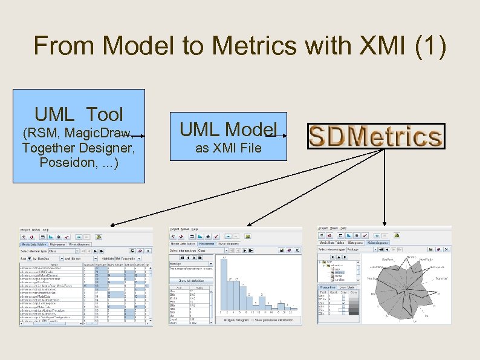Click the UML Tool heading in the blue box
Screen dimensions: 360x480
click(x=79, y=114)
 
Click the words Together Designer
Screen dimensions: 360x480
click(x=78, y=148)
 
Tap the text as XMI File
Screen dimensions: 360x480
click(x=228, y=148)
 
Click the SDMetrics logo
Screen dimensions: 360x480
click(x=375, y=136)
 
